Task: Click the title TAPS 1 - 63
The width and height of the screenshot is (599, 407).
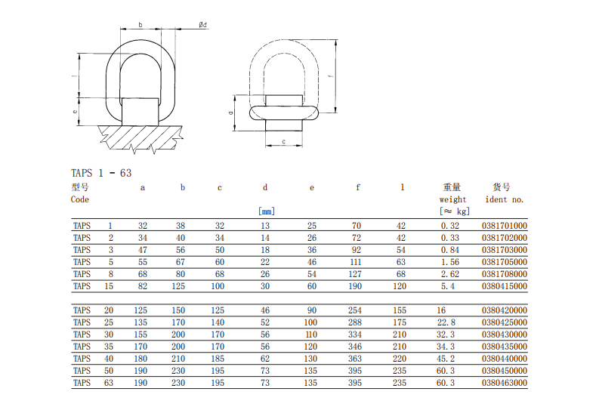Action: point(101,174)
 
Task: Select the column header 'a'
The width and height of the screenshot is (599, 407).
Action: point(143,188)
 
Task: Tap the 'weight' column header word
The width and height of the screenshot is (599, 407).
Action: point(452,199)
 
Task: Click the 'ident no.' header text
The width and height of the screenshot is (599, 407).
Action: point(505,199)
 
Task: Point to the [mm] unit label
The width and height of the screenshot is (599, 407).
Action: point(267,211)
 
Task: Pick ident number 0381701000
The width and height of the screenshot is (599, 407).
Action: point(505,226)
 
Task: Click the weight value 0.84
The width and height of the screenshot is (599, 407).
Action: point(450,250)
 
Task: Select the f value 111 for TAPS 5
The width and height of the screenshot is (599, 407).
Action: point(355,262)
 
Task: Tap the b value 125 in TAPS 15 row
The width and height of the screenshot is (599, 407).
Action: point(178,286)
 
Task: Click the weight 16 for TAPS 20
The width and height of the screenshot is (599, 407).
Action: point(441,310)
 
